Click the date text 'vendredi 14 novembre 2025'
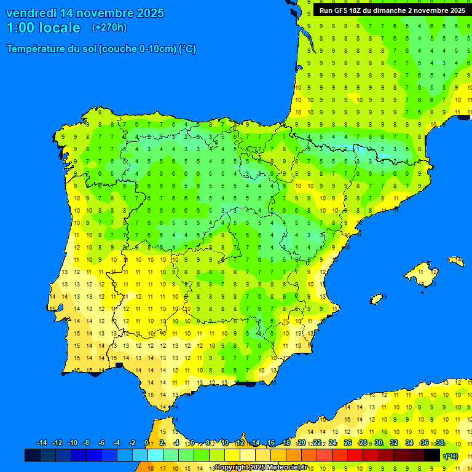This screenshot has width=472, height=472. pos(85,13)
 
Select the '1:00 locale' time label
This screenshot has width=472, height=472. pos(43,28)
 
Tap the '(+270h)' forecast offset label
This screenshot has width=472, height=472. pos(109,28)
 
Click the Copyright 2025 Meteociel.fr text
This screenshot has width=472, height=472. pos(261,468)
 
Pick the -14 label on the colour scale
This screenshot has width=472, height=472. pos(42,443)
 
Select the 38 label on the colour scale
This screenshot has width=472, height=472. pos(439,443)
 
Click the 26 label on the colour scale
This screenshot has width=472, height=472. pos(348,443)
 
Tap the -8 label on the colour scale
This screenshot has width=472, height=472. pos(87,443)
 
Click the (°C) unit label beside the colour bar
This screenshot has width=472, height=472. pos(450,456)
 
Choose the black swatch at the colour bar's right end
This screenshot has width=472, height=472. pos(432,455)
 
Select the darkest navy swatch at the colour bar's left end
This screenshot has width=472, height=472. pos(33,455)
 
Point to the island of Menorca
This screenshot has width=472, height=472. pos(455,261)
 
